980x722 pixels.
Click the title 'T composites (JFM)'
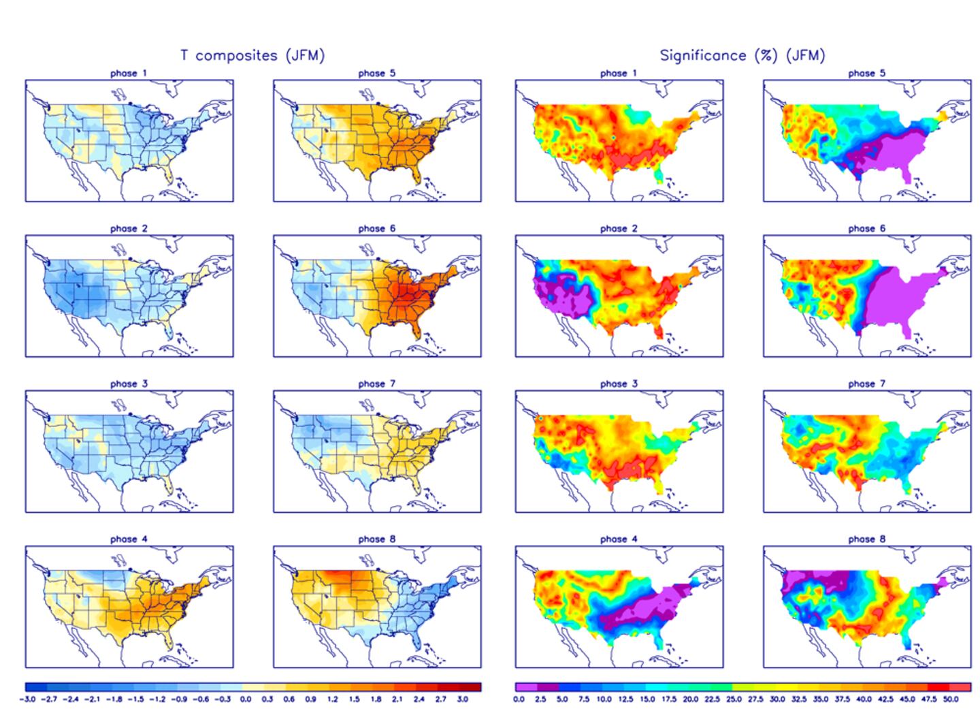pos(252,55)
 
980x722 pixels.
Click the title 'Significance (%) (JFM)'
pos(742,55)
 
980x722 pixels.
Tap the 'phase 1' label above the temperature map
pos(129,73)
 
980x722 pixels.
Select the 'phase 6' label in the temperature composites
pos(376,228)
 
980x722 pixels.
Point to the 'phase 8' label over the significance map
pos(866,539)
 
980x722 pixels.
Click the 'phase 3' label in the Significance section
pos(619,383)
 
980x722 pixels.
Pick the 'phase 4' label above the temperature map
pos(129,539)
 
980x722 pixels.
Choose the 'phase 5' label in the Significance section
pos(866,73)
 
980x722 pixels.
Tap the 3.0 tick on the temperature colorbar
pos(463,699)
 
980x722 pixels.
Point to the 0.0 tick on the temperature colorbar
pos(246,699)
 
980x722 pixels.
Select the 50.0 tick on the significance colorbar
pos(951,699)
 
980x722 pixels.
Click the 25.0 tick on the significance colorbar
pos(734,699)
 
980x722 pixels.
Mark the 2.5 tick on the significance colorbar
pos(540,699)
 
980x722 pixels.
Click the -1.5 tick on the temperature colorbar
pos(137,699)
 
